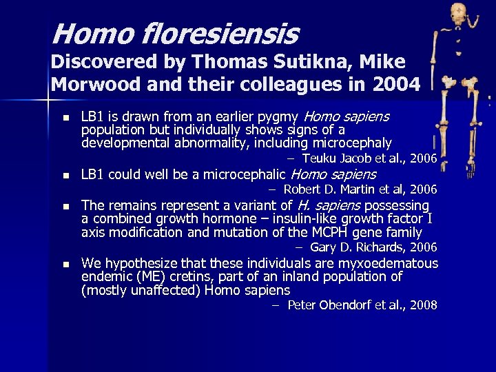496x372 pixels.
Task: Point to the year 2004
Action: pos(395,85)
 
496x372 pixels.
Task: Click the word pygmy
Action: pos(279,117)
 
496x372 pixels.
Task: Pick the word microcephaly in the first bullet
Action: pos(352,143)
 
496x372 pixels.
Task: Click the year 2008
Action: pos(423,305)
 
